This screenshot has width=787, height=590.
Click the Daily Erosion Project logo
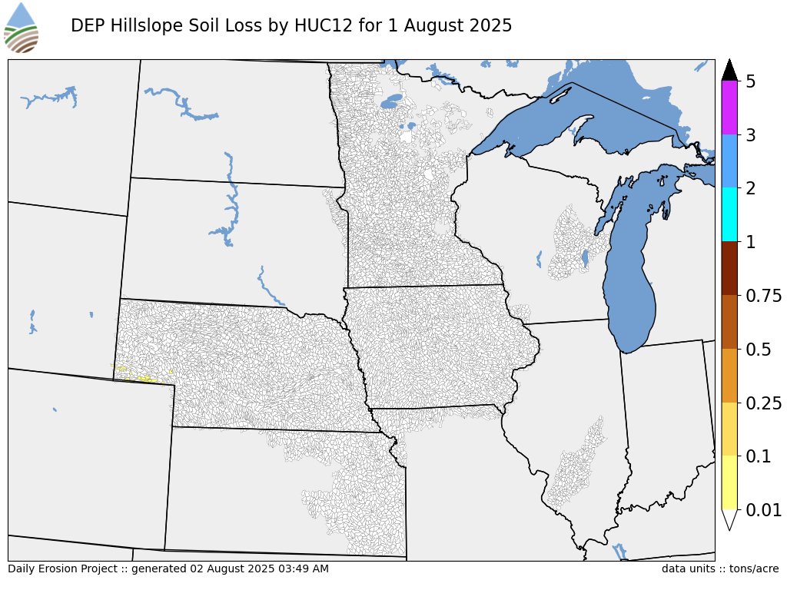22,28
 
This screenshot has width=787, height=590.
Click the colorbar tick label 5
751,81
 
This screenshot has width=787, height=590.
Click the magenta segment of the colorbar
729,108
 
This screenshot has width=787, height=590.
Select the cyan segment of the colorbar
729,215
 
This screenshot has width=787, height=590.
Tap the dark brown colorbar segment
729,268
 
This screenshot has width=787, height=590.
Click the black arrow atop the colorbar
729,70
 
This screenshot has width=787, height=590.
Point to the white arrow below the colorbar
729,519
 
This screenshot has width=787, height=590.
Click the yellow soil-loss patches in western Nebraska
138,376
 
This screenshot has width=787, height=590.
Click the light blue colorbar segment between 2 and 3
729,161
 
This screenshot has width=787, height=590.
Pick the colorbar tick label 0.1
759,456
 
